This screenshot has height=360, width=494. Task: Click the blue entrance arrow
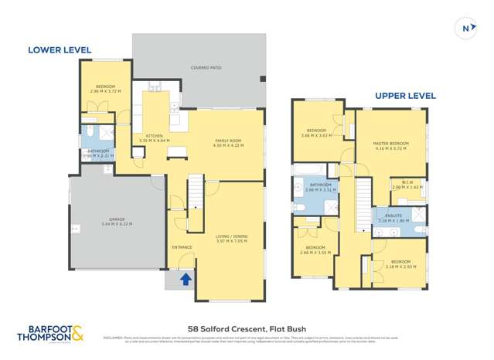186,279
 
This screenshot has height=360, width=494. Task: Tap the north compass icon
467,29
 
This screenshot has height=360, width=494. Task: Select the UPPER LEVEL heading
405,96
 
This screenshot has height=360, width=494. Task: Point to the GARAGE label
117,220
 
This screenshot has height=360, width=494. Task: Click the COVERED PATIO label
206,68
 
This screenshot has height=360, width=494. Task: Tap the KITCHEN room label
155,136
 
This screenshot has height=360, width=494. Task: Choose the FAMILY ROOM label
229,141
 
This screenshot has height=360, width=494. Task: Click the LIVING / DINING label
232,237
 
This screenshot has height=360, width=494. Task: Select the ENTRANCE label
182,247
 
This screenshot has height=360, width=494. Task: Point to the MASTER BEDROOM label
390,143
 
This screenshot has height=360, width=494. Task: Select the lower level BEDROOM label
105,86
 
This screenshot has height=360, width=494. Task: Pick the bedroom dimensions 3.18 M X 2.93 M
400,267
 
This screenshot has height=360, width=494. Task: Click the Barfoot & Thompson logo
50,334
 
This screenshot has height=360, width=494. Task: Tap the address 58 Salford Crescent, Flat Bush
246,328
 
